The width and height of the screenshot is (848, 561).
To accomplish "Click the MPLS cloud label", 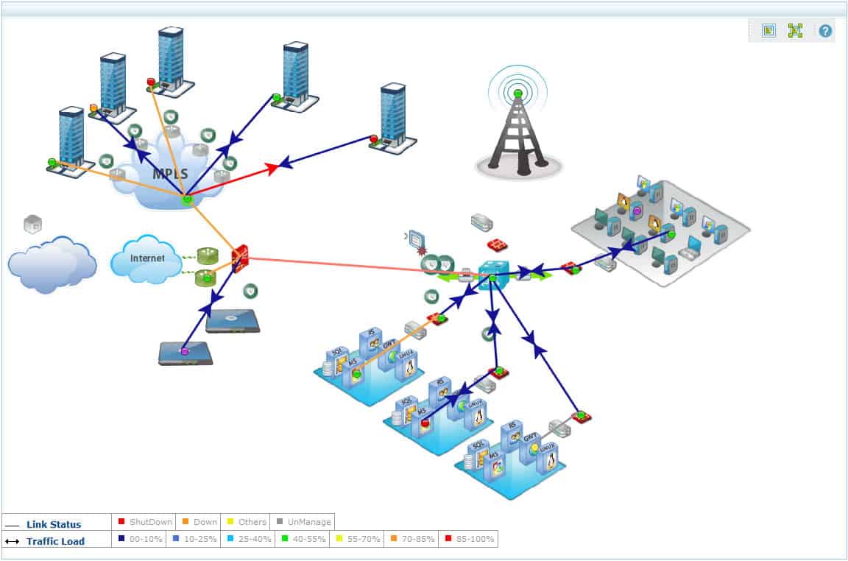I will click(x=170, y=174).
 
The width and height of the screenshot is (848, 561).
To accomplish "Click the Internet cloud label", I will click(x=147, y=258).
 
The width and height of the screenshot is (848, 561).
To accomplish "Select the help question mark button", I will click(x=825, y=31).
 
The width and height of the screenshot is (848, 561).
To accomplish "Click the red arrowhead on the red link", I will click(x=274, y=169).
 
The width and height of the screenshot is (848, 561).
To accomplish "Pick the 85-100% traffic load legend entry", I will click(x=468, y=539).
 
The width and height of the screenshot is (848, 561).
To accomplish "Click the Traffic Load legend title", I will click(x=55, y=541).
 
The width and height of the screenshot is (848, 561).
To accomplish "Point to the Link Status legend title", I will click(x=54, y=524).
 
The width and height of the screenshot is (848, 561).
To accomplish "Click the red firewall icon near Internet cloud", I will click(x=240, y=259).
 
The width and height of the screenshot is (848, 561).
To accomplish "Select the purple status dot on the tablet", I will click(x=185, y=352).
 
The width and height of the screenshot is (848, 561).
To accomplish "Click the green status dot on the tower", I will click(x=518, y=93).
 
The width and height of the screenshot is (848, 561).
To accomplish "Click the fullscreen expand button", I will click(x=795, y=31).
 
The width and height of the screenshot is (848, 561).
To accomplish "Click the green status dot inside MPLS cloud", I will click(x=187, y=199).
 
